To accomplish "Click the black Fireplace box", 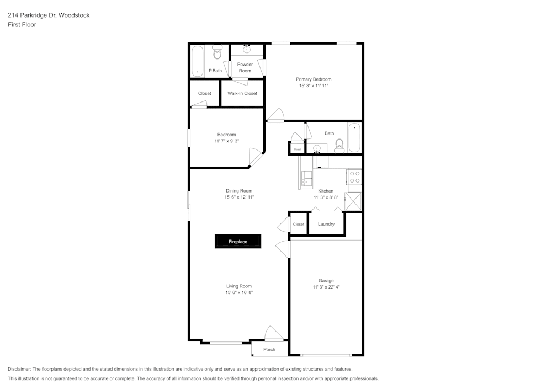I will pos(238,242).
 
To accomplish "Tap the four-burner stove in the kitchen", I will pos(354,177).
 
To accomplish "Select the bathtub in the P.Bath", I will pos(198,61).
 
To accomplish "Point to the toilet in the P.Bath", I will pos(217,54).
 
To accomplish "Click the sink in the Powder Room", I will pos(247,50).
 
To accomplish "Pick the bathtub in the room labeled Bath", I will pos(354,138).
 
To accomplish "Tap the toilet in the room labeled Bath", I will pos(339,145).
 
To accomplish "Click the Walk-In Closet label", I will pos(242,93).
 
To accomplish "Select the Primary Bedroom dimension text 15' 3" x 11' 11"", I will pos(314,86).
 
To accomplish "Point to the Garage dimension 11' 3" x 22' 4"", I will pos(326,287).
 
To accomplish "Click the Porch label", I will pos(269,349).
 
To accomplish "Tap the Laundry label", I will pos(326,224).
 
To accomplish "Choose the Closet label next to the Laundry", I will pos(299,225).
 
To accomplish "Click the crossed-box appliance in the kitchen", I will pos(354,201).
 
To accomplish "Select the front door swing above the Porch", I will pos(273,333).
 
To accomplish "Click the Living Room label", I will pos(239,286).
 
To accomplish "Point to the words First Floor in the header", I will pos(22,25).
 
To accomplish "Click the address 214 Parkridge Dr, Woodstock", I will pos(49,15).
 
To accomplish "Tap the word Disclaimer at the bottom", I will pos(20,369).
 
